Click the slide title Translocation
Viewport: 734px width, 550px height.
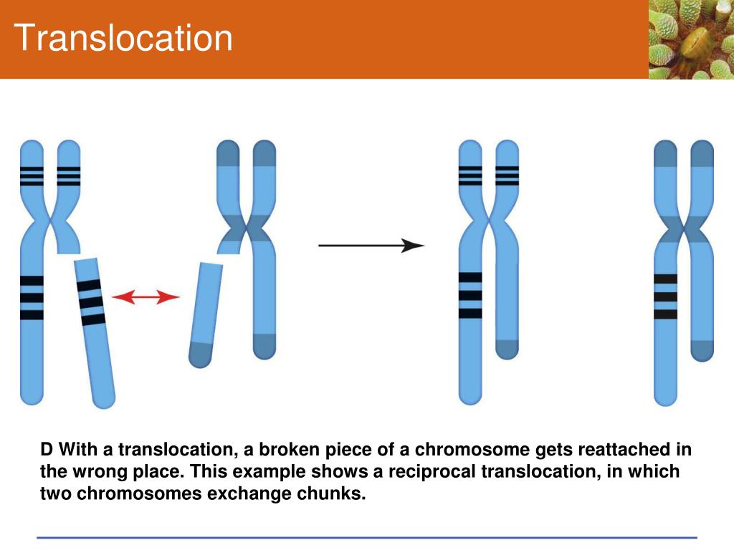(124, 38)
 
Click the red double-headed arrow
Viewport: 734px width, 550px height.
(146, 296)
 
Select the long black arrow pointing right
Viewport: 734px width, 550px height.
(371, 246)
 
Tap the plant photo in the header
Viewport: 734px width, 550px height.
(690, 39)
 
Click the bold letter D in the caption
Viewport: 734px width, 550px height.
(46, 450)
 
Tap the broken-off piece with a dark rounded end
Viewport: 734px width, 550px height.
(204, 315)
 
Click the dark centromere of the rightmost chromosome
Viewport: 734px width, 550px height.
(684, 229)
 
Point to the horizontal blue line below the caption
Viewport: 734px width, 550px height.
(367, 537)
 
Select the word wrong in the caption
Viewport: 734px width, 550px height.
(97, 473)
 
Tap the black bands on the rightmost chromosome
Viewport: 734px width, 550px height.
(665, 296)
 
